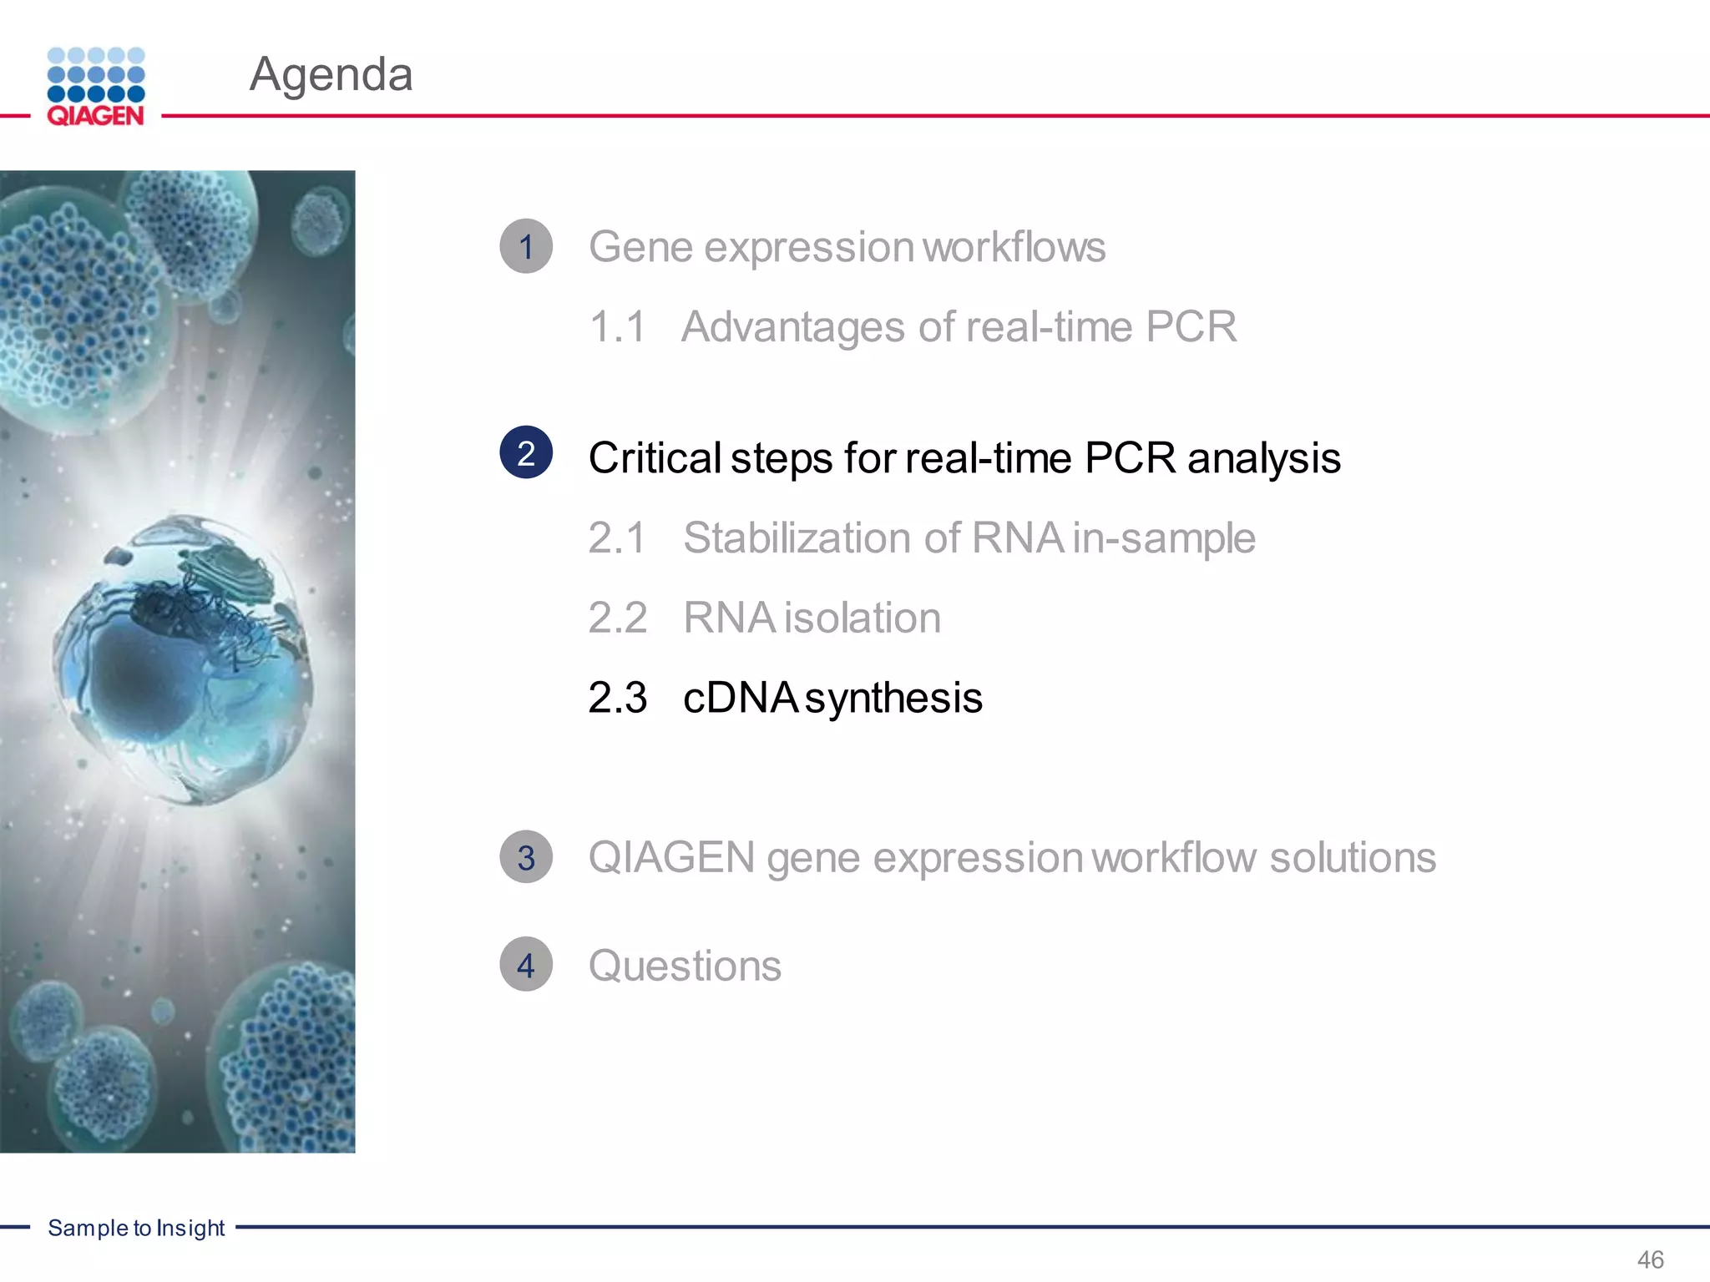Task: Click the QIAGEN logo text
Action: point(95,115)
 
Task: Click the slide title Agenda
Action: point(331,74)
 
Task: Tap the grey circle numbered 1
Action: point(526,246)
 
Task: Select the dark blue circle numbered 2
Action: point(526,452)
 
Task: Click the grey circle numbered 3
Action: point(526,857)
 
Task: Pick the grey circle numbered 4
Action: point(526,965)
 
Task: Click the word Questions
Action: point(685,966)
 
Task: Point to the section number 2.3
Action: point(617,698)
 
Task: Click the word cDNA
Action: point(740,698)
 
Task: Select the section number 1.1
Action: point(617,326)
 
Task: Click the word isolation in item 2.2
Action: point(863,618)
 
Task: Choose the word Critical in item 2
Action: point(655,458)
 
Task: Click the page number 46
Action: point(1650,1259)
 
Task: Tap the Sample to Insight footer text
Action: point(136,1228)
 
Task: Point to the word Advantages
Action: point(793,326)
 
